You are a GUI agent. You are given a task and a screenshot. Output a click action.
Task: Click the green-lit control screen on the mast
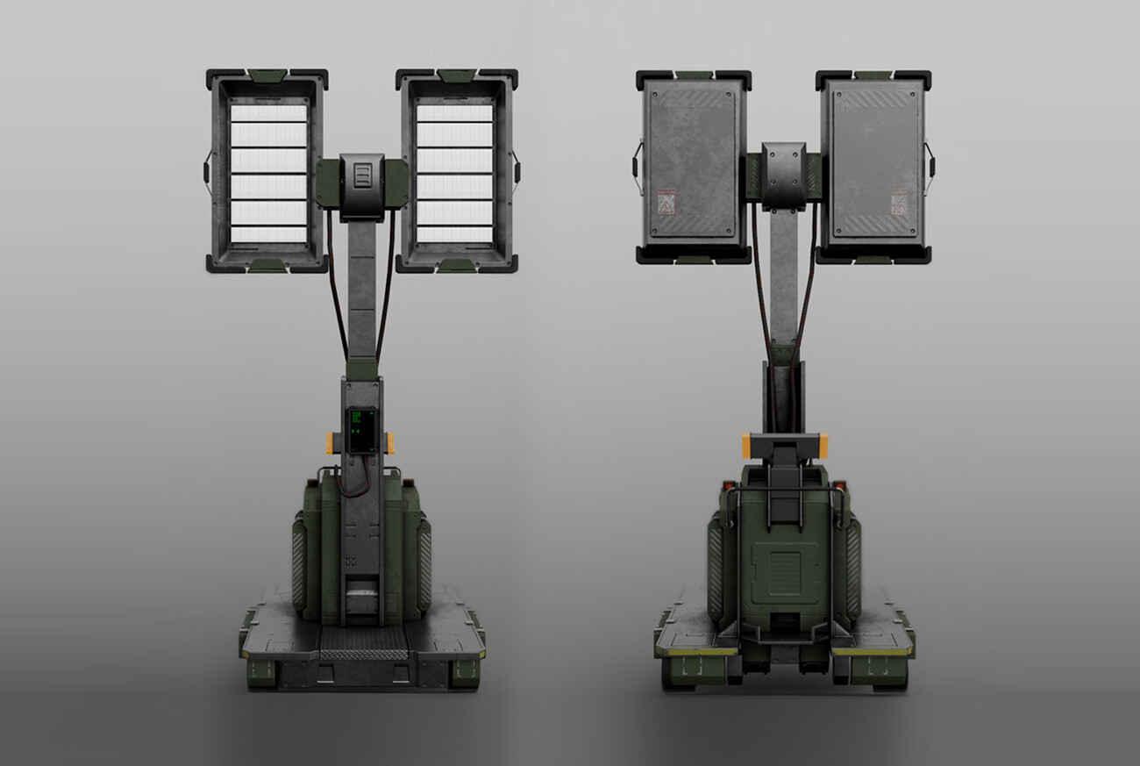coord(361,430)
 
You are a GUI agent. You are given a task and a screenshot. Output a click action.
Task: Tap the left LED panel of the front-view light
coord(267,172)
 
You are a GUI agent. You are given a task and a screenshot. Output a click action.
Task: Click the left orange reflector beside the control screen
coord(330,443)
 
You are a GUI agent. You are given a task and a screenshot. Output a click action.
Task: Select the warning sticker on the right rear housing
coord(899,204)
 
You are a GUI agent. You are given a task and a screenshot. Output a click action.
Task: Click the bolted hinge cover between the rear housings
coord(783,174)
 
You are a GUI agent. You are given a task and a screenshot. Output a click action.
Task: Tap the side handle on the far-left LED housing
coord(207,172)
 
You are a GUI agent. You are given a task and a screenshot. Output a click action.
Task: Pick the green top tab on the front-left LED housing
coord(267,75)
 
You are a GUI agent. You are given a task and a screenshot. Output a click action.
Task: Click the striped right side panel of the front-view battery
coord(424,565)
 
